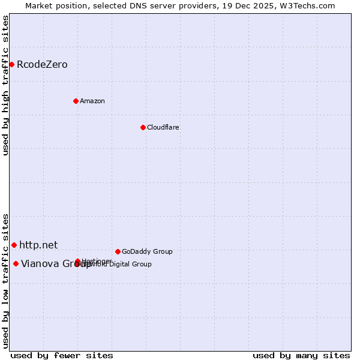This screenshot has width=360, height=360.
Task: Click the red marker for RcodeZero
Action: click(11, 64)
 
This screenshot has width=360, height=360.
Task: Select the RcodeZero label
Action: click(42, 65)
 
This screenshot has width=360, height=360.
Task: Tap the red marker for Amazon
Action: click(76, 101)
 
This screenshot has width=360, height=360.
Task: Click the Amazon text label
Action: click(92, 101)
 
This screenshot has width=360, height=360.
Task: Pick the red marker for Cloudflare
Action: click(143, 127)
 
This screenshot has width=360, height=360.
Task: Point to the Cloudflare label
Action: click(163, 127)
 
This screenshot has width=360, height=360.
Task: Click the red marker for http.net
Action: click(14, 245)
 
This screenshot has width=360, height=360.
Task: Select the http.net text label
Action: click(38, 245)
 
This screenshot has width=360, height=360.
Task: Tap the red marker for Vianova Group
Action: click(16, 263)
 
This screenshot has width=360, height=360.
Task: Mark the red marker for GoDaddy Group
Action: click(118, 251)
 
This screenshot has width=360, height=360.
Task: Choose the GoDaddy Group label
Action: click(147, 251)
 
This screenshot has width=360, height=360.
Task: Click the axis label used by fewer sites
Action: click(62, 355)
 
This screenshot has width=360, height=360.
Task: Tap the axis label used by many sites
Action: click(301, 355)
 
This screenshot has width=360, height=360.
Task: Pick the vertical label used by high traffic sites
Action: click(5, 86)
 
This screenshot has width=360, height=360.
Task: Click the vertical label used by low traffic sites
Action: click(5, 281)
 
